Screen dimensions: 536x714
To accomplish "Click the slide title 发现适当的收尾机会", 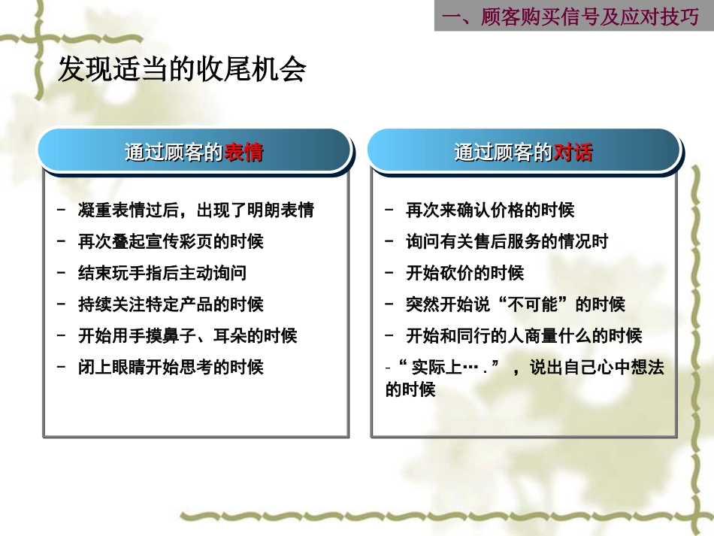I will point(182,71).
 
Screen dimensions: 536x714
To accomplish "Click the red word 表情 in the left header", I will point(244,153).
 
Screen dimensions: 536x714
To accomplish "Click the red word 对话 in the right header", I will point(573,153).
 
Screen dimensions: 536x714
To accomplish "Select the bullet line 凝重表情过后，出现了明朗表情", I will point(195,210).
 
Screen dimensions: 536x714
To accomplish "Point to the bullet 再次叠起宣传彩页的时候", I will point(171,242).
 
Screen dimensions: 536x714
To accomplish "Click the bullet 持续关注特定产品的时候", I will point(171,304).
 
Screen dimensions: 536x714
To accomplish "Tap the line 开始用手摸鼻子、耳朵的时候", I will point(188,336).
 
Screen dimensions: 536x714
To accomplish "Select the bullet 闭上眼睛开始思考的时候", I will point(171,368).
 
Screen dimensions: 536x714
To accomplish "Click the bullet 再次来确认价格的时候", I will point(490,210).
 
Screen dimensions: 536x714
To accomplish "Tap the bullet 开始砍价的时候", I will point(464,273).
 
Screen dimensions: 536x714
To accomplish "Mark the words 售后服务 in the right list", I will point(507,242).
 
